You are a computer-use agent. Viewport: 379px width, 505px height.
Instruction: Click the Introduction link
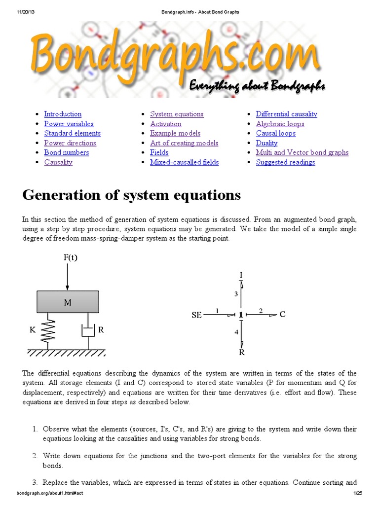pos(63,114)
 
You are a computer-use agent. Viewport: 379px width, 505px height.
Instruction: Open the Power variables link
pos(69,124)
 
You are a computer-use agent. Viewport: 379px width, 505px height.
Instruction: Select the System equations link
pos(177,114)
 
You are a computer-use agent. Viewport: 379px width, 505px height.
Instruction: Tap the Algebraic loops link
pos(280,124)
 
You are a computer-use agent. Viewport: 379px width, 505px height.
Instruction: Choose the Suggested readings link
pos(285,162)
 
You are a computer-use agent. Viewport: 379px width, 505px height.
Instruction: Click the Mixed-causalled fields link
pos(184,162)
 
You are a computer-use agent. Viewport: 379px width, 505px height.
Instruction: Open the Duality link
pos(266,143)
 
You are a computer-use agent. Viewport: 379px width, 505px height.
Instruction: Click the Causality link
pos(58,162)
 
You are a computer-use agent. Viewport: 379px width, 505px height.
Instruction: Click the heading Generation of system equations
pos(131,195)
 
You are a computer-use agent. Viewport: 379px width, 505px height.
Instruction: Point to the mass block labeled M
pos(68,302)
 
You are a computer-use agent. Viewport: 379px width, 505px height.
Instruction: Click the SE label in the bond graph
pos(196,315)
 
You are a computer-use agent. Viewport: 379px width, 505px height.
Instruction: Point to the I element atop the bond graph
pos(241,274)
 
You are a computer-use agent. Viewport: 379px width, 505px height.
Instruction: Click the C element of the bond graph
pos(283,314)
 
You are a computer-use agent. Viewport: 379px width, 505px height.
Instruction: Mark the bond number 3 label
pos(236,294)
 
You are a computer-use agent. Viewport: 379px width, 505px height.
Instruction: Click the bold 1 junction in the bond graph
pos(241,315)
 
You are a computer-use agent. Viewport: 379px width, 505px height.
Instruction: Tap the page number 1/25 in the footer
pos(358,494)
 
